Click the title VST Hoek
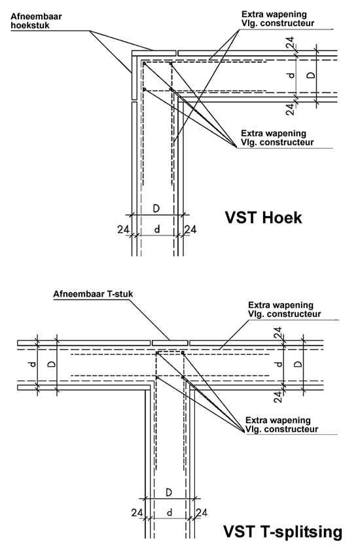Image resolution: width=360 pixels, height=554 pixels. (x=264, y=217)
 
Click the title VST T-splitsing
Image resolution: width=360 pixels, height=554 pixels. (x=283, y=532)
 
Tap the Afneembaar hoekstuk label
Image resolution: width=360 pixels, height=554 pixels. (x=36, y=21)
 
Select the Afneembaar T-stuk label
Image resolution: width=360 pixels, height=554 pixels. (x=93, y=294)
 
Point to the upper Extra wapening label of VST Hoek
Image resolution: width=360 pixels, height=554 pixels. (x=278, y=19)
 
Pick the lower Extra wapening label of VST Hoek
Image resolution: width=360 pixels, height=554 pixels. (x=278, y=138)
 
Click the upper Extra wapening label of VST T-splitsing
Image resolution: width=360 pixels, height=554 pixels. (x=284, y=310)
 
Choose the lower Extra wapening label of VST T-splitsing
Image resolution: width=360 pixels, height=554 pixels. (x=282, y=425)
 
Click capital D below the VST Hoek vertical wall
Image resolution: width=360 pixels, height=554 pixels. (x=156, y=208)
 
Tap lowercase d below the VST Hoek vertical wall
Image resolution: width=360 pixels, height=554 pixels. (x=157, y=229)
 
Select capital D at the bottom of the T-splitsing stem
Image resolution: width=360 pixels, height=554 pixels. (x=169, y=492)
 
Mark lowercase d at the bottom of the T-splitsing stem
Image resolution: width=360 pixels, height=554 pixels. (x=170, y=512)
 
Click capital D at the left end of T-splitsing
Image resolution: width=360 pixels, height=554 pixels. (x=52, y=364)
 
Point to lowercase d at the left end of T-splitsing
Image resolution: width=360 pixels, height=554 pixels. (x=33, y=364)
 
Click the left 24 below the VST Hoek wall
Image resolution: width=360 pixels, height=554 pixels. (x=123, y=230)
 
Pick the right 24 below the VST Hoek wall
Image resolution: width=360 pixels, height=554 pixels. (x=190, y=230)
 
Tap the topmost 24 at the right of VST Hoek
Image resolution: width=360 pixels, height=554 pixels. (x=290, y=43)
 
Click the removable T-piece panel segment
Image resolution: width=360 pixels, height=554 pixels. (x=170, y=343)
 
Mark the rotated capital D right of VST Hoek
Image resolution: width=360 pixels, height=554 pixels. (x=310, y=75)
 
